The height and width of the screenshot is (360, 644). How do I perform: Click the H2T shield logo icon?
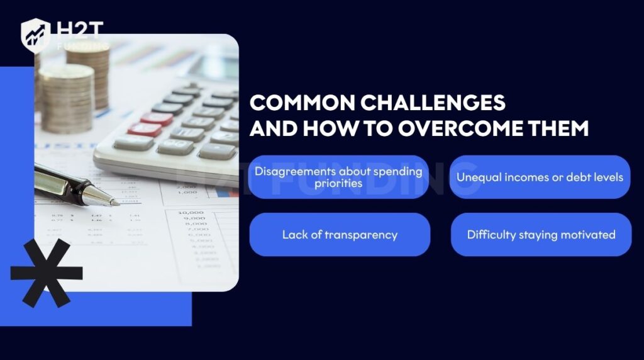35,35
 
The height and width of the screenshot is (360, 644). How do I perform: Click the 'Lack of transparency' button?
340,235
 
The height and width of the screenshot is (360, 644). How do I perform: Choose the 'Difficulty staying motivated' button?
541,235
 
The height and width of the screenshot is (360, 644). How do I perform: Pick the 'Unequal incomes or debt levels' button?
540,177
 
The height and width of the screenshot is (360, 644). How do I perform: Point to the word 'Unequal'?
479,177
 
